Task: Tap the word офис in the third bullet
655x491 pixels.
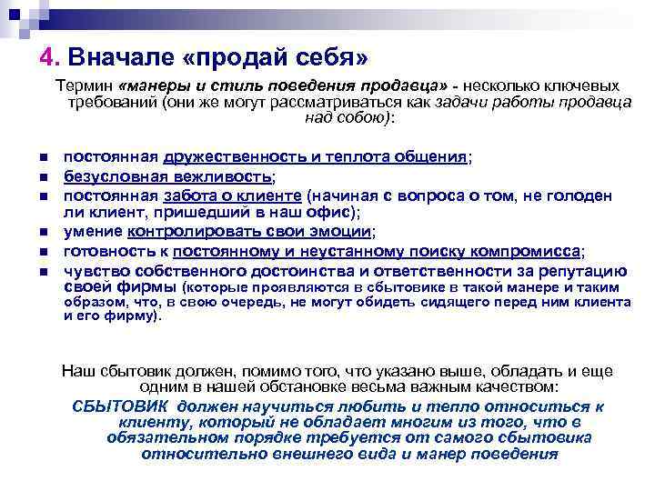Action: tap(329, 213)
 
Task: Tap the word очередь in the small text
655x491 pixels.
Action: tap(244, 303)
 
